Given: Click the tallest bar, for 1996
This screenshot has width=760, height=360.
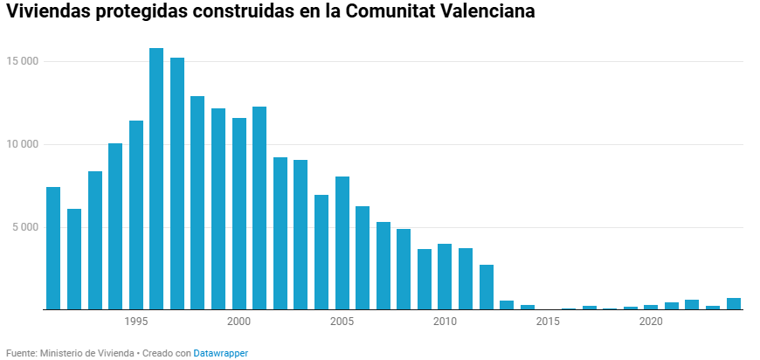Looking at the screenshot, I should click(156, 179).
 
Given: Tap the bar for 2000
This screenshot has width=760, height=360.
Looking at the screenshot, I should click(238, 214).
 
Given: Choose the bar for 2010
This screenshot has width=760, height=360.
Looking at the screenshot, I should click(445, 277).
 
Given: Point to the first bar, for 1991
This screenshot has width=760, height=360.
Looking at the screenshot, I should click(53, 248).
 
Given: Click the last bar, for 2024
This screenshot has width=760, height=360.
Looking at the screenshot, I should click(734, 304).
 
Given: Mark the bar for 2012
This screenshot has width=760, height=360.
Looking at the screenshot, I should click(487, 287).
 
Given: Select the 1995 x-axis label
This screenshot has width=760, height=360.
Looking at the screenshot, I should click(135, 322).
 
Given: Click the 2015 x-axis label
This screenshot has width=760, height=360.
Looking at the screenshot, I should click(548, 322).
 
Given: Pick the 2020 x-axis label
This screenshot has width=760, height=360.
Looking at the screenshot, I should click(651, 322).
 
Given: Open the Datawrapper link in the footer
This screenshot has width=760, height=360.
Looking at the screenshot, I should click(220, 353).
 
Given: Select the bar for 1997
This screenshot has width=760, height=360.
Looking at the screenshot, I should click(177, 183).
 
